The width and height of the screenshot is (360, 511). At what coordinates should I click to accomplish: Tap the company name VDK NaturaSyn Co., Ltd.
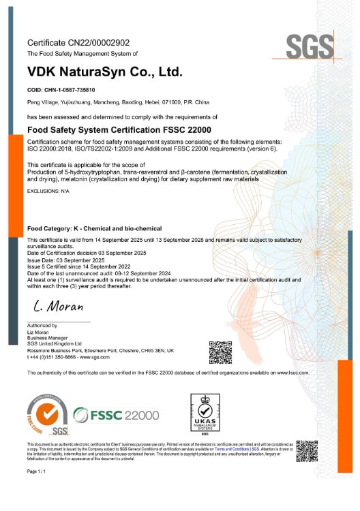(105, 72)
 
